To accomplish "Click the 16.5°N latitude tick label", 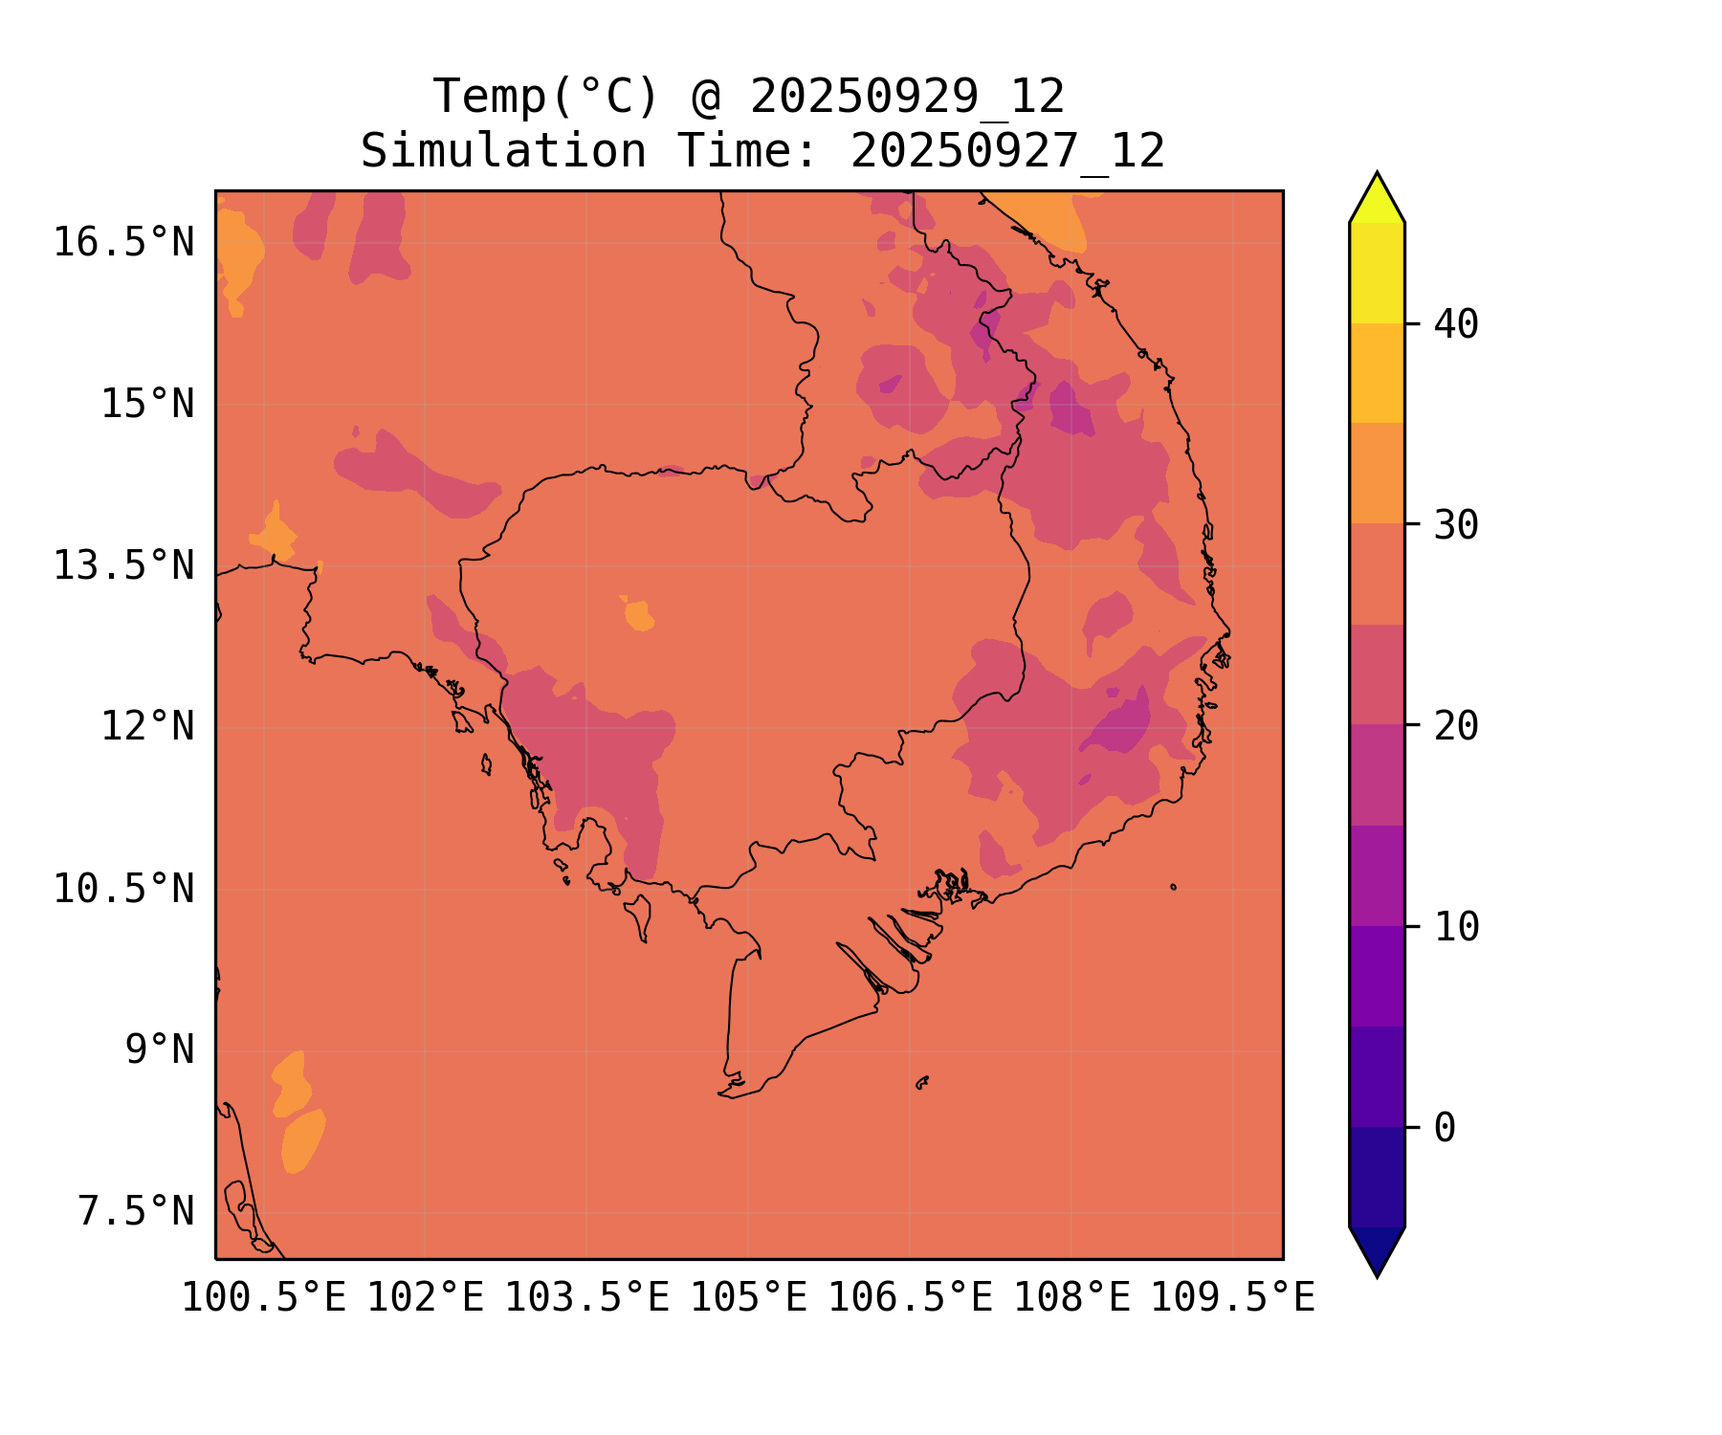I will (123, 243).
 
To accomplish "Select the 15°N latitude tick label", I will (147, 405).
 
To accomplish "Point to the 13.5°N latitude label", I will (123, 566).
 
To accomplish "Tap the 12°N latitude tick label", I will (147, 727).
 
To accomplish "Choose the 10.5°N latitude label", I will (123, 890).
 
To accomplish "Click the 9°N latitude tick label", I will (159, 1050).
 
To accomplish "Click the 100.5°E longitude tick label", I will (264, 1299).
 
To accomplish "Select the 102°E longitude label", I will (425, 1299).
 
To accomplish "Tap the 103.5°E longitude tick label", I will (586, 1299).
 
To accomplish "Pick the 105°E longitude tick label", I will (748, 1299).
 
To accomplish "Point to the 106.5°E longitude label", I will (910, 1299).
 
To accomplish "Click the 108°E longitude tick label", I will (1071, 1299).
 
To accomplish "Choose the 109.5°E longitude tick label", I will (1232, 1299).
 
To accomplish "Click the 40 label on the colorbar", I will (1456, 325).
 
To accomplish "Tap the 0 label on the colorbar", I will (1445, 1129).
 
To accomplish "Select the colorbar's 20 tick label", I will (1456, 727).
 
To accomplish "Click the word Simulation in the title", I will (503, 151).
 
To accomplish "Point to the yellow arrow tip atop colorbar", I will (1377, 197).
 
